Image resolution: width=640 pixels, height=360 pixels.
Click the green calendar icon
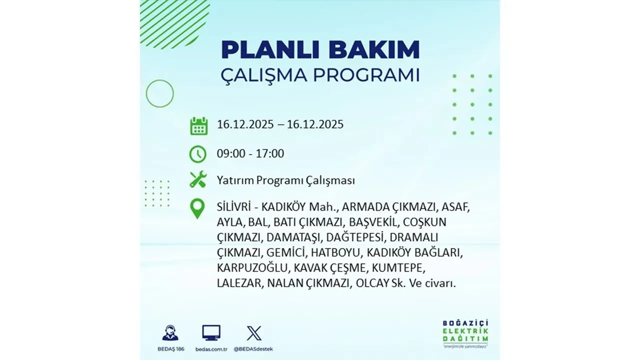point(198,125)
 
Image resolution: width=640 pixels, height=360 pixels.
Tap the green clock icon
point(198,153)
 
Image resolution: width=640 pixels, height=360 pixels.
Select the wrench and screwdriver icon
point(198,179)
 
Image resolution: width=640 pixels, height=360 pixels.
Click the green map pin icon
point(198,209)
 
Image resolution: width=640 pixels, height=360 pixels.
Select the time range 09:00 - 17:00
point(250,153)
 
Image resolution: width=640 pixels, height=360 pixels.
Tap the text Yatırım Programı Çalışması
point(285,180)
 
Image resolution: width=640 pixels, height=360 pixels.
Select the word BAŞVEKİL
point(373,222)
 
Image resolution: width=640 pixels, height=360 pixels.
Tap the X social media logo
point(253,333)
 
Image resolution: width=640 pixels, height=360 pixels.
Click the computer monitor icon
point(211,332)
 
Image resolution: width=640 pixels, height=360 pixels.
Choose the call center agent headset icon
point(170,332)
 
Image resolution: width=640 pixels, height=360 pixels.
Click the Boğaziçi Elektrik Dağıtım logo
point(465,333)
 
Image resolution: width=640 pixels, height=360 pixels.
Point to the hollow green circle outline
point(159,93)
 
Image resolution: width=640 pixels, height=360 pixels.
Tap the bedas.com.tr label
point(211,348)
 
